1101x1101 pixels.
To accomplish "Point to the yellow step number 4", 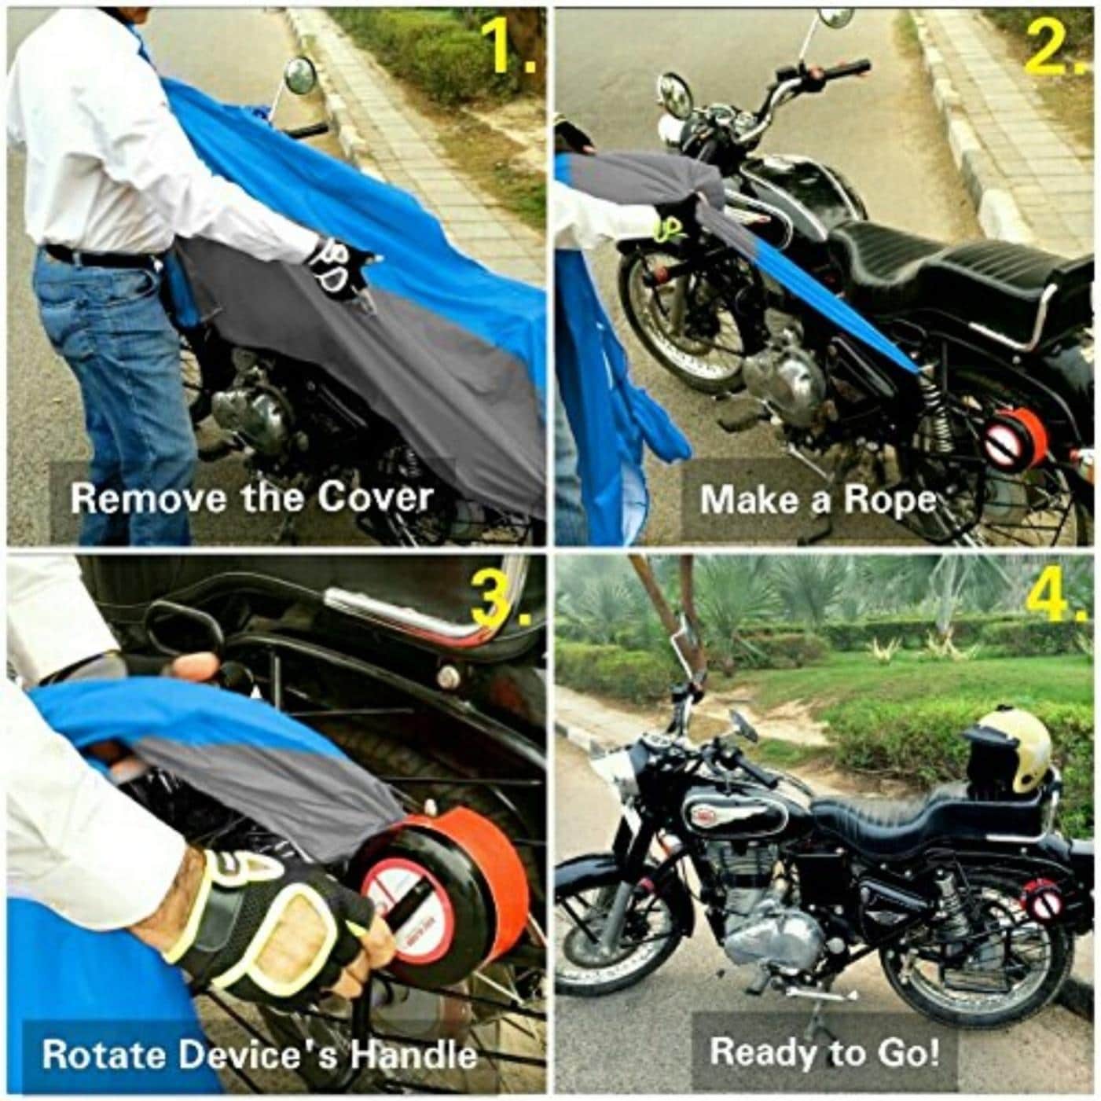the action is click(x=1057, y=594).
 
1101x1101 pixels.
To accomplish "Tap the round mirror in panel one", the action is click(x=300, y=77).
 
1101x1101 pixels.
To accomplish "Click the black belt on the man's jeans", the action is click(x=100, y=256).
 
